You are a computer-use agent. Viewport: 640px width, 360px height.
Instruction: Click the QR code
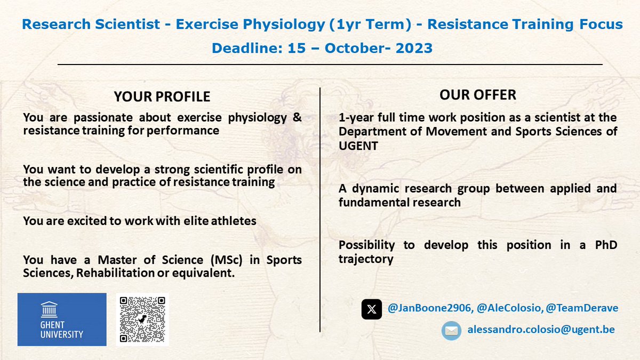(142, 319)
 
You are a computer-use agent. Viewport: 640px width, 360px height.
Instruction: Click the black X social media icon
(372, 309)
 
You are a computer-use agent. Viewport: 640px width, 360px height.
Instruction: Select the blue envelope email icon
(451, 330)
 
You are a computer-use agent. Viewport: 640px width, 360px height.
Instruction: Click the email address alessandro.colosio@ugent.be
(541, 330)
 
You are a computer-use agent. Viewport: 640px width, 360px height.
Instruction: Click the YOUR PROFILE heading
(162, 97)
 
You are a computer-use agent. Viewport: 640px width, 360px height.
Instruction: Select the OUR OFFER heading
(478, 95)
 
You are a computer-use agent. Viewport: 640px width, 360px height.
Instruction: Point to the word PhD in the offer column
(603, 245)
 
